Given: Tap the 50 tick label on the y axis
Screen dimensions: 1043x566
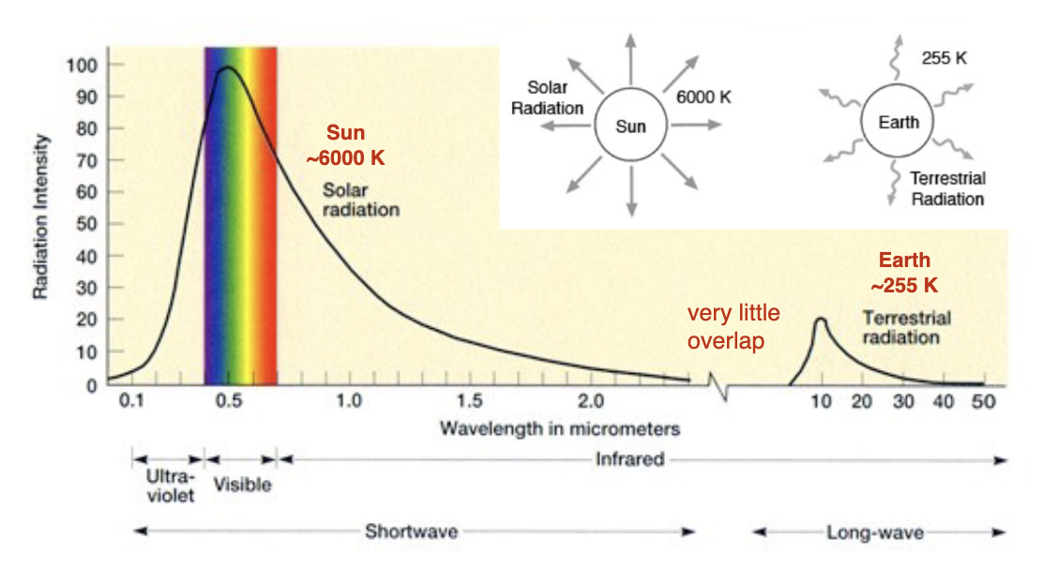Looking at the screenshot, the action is [87, 224].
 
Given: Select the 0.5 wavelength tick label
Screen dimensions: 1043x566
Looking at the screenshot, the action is [229, 401].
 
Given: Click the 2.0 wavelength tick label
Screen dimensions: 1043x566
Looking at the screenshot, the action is [591, 401].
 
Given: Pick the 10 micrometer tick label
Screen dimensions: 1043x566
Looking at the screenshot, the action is [821, 401].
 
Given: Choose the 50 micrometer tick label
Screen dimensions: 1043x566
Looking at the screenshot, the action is [984, 401].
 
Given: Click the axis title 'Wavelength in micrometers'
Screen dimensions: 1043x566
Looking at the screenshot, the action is [560, 428].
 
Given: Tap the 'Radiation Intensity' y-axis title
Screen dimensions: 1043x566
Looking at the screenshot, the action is [40, 216].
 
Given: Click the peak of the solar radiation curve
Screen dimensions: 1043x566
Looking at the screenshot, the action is [227, 67].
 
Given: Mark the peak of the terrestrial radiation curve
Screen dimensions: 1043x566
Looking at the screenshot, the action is [821, 320].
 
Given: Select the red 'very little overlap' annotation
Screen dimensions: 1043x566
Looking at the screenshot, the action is [733, 326].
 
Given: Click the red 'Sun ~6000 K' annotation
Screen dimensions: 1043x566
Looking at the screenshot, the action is [345, 145].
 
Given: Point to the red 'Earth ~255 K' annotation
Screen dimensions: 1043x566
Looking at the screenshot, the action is [904, 273].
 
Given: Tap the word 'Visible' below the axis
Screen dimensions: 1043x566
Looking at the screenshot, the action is [242, 484].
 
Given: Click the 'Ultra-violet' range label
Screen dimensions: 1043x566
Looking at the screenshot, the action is [171, 485].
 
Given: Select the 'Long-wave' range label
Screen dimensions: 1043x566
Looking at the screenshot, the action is [875, 532].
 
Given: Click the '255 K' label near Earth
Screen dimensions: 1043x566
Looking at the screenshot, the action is [944, 58].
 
